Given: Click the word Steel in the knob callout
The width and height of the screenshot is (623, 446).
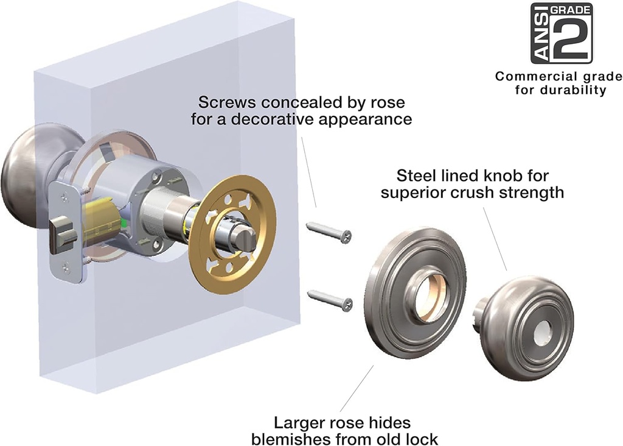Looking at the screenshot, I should point(414,177).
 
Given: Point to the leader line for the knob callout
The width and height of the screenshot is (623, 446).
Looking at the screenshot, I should point(493,238).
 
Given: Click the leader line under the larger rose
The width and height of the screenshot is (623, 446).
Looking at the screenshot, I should point(357,389).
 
